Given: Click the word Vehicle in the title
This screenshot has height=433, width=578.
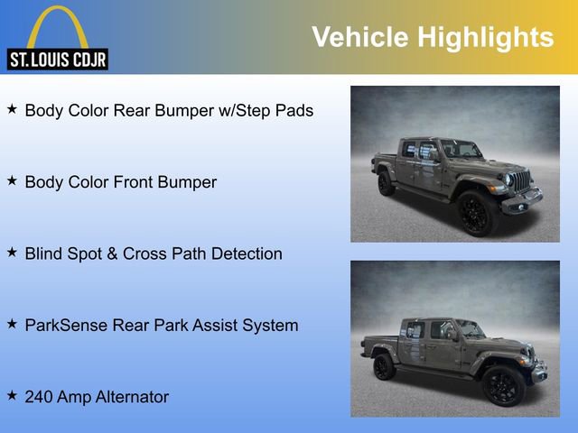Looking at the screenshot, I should click(x=359, y=37).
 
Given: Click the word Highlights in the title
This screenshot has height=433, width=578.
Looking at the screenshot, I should click(x=485, y=37).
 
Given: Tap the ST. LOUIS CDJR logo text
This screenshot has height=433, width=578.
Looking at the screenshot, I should click(x=58, y=60).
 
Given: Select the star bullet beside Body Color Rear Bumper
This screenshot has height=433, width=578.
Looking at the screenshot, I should click(x=12, y=109).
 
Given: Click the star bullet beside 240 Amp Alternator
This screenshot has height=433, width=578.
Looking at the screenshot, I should click(x=12, y=395).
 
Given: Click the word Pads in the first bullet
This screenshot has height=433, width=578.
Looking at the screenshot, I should click(x=294, y=111).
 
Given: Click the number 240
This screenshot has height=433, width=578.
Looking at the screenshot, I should click(x=40, y=396).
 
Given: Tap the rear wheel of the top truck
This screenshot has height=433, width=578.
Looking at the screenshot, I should click(x=386, y=183).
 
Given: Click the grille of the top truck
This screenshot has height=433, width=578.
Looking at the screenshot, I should click(x=522, y=180).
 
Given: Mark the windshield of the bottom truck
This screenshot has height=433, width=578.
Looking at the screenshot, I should click(x=471, y=328).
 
